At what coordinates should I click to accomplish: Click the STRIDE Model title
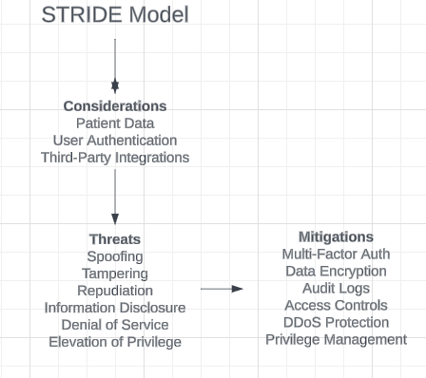click(x=115, y=15)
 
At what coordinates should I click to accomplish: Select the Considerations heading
click(x=115, y=106)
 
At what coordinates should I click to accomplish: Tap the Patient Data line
click(x=115, y=123)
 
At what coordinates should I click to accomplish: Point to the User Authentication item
click(x=115, y=141)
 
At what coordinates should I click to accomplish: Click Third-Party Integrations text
click(x=115, y=158)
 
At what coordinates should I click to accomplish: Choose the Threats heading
click(x=115, y=239)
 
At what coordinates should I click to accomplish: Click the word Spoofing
click(x=115, y=256)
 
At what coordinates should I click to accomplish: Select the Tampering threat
click(x=115, y=274)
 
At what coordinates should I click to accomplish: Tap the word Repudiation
click(x=115, y=291)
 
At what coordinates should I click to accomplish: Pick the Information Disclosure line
click(x=115, y=308)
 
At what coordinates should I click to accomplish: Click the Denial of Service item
click(x=115, y=325)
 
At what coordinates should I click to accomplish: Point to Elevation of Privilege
click(x=115, y=342)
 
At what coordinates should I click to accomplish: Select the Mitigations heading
click(x=336, y=237)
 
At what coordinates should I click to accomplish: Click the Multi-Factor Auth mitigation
click(x=336, y=255)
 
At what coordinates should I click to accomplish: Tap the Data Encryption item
click(x=336, y=272)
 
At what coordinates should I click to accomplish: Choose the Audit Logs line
click(x=336, y=289)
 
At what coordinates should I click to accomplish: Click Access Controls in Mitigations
click(x=336, y=306)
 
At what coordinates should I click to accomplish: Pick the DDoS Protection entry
click(x=336, y=323)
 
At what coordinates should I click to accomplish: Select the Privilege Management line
click(x=336, y=340)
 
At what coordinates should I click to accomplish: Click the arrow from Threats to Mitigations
click(x=222, y=289)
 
